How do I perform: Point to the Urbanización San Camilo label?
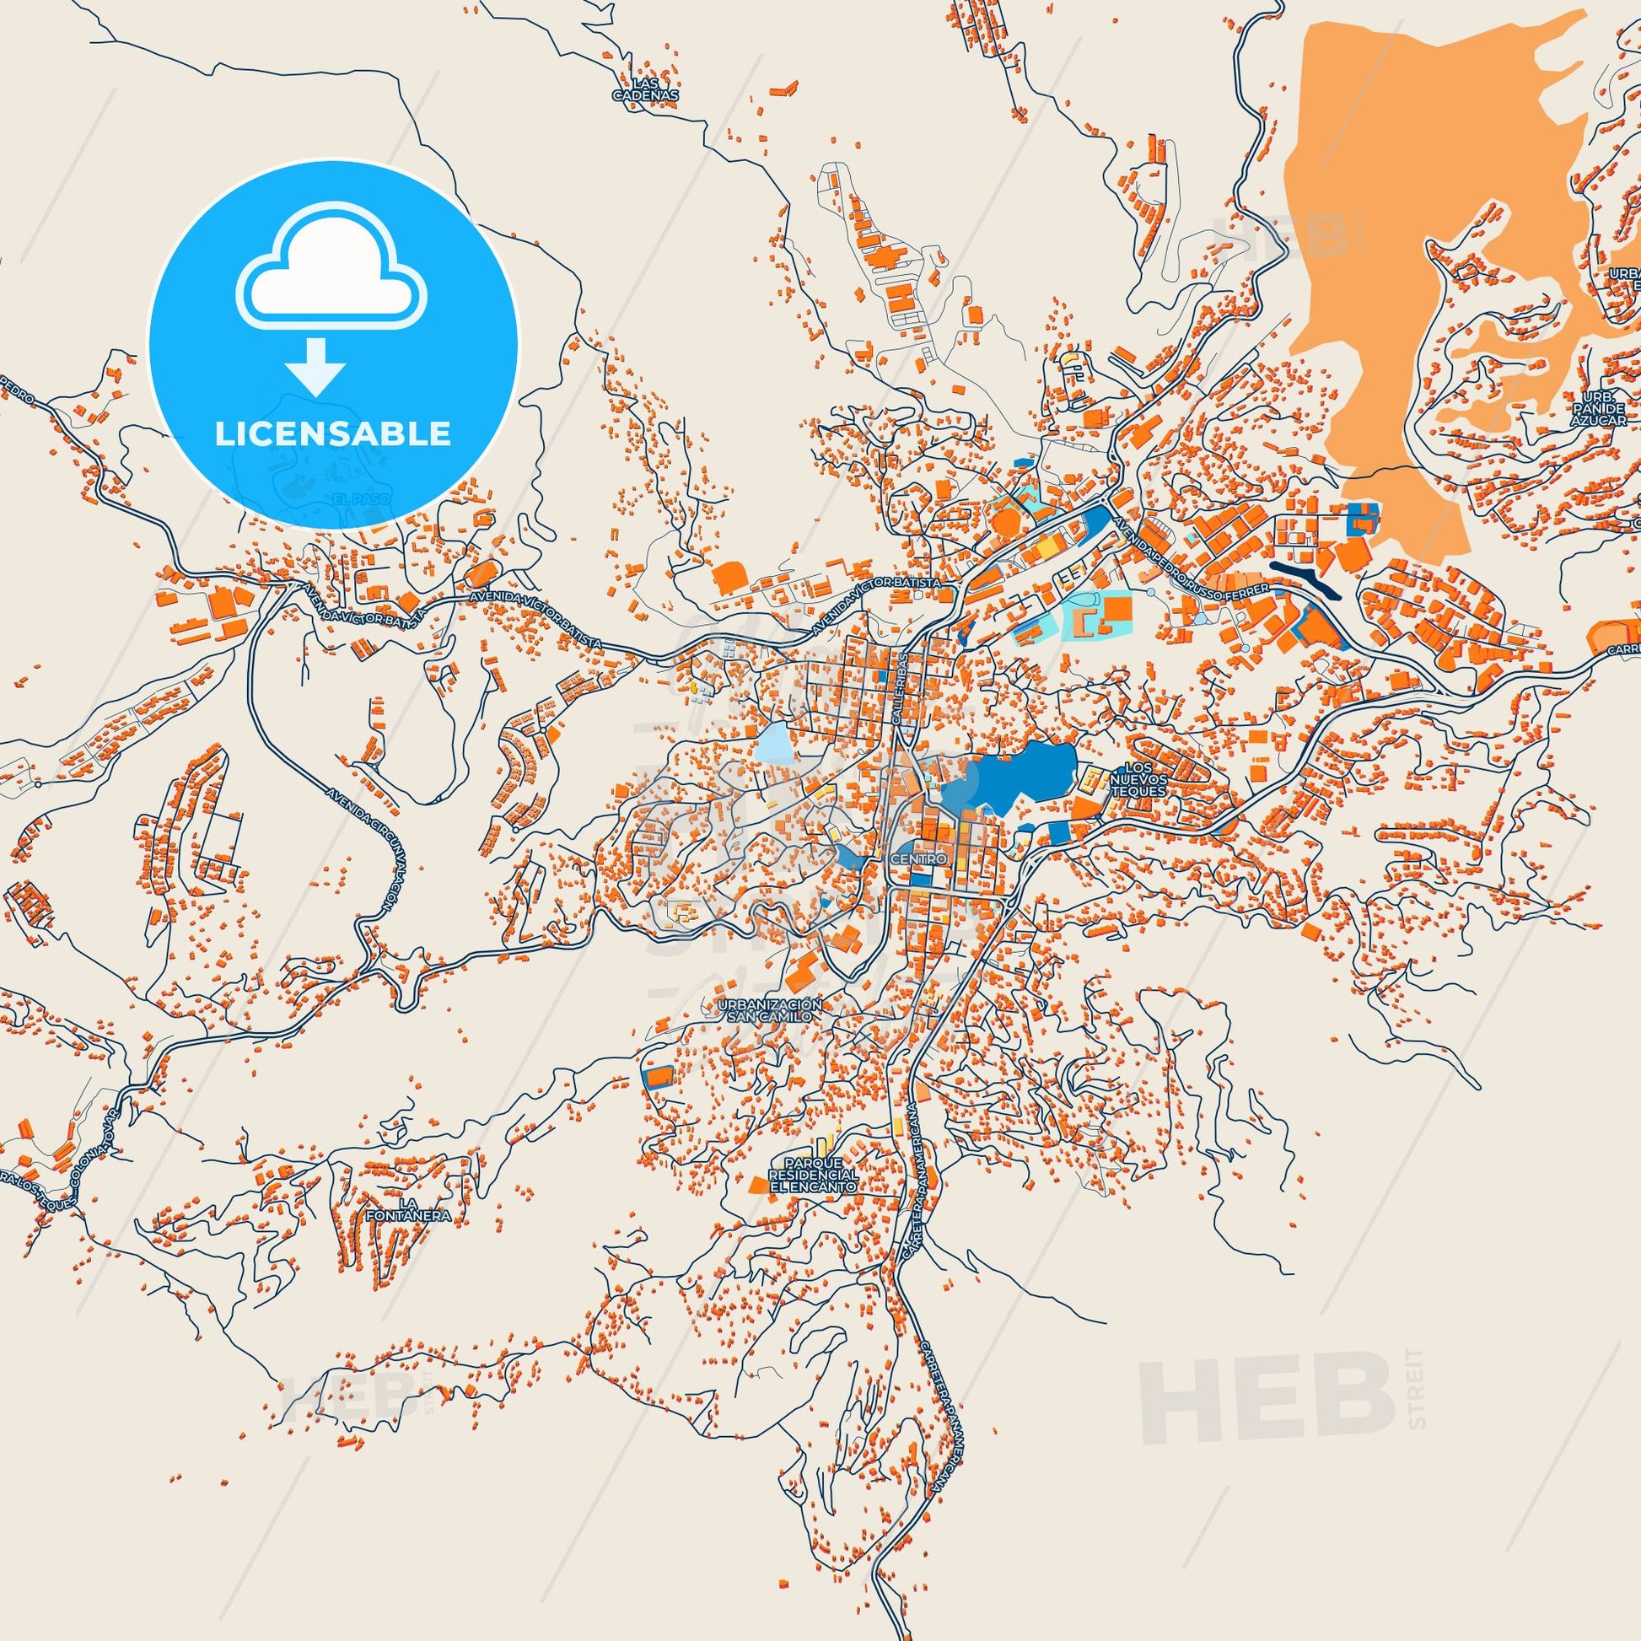click(x=771, y=1010)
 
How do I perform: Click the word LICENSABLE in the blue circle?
click(x=333, y=434)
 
